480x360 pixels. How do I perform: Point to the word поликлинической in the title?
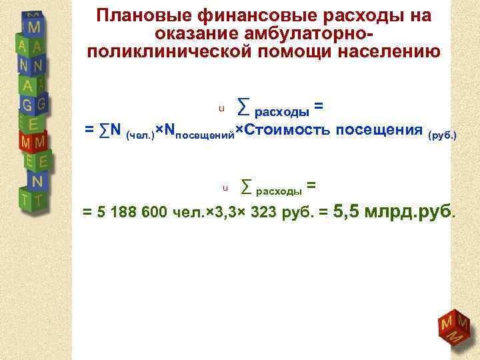point(173,52)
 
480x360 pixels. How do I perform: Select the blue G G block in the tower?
point(33,105)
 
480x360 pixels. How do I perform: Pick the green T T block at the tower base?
point(33,199)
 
